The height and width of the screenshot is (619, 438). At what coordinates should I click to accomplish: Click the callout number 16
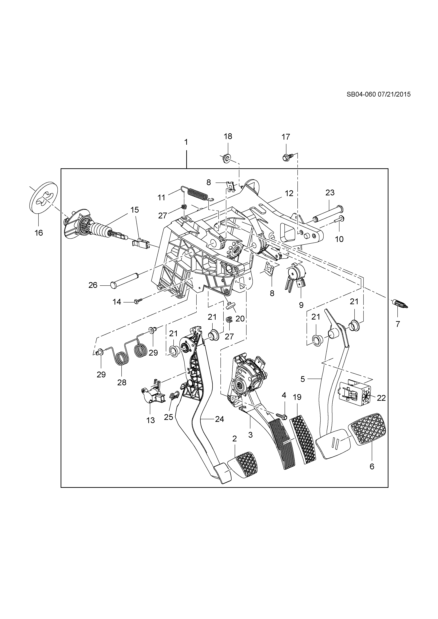[39, 232]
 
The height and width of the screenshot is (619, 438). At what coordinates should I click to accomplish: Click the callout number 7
[398, 324]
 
